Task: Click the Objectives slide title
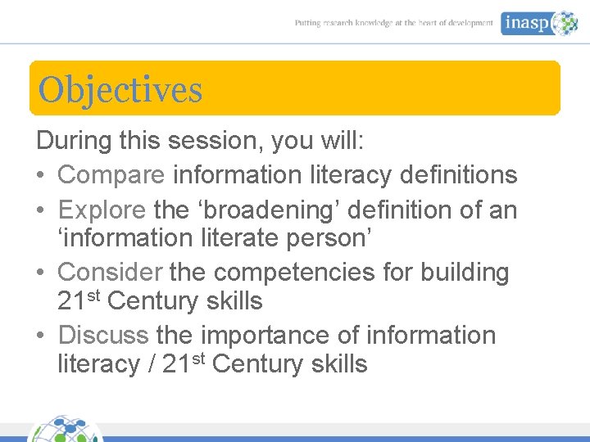(120, 90)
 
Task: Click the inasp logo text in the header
(525, 24)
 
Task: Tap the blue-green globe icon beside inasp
(564, 23)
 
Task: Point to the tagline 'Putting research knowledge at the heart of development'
(394, 24)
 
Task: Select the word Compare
(111, 174)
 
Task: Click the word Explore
(102, 210)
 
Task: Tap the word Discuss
(103, 335)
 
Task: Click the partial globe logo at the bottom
(66, 430)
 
